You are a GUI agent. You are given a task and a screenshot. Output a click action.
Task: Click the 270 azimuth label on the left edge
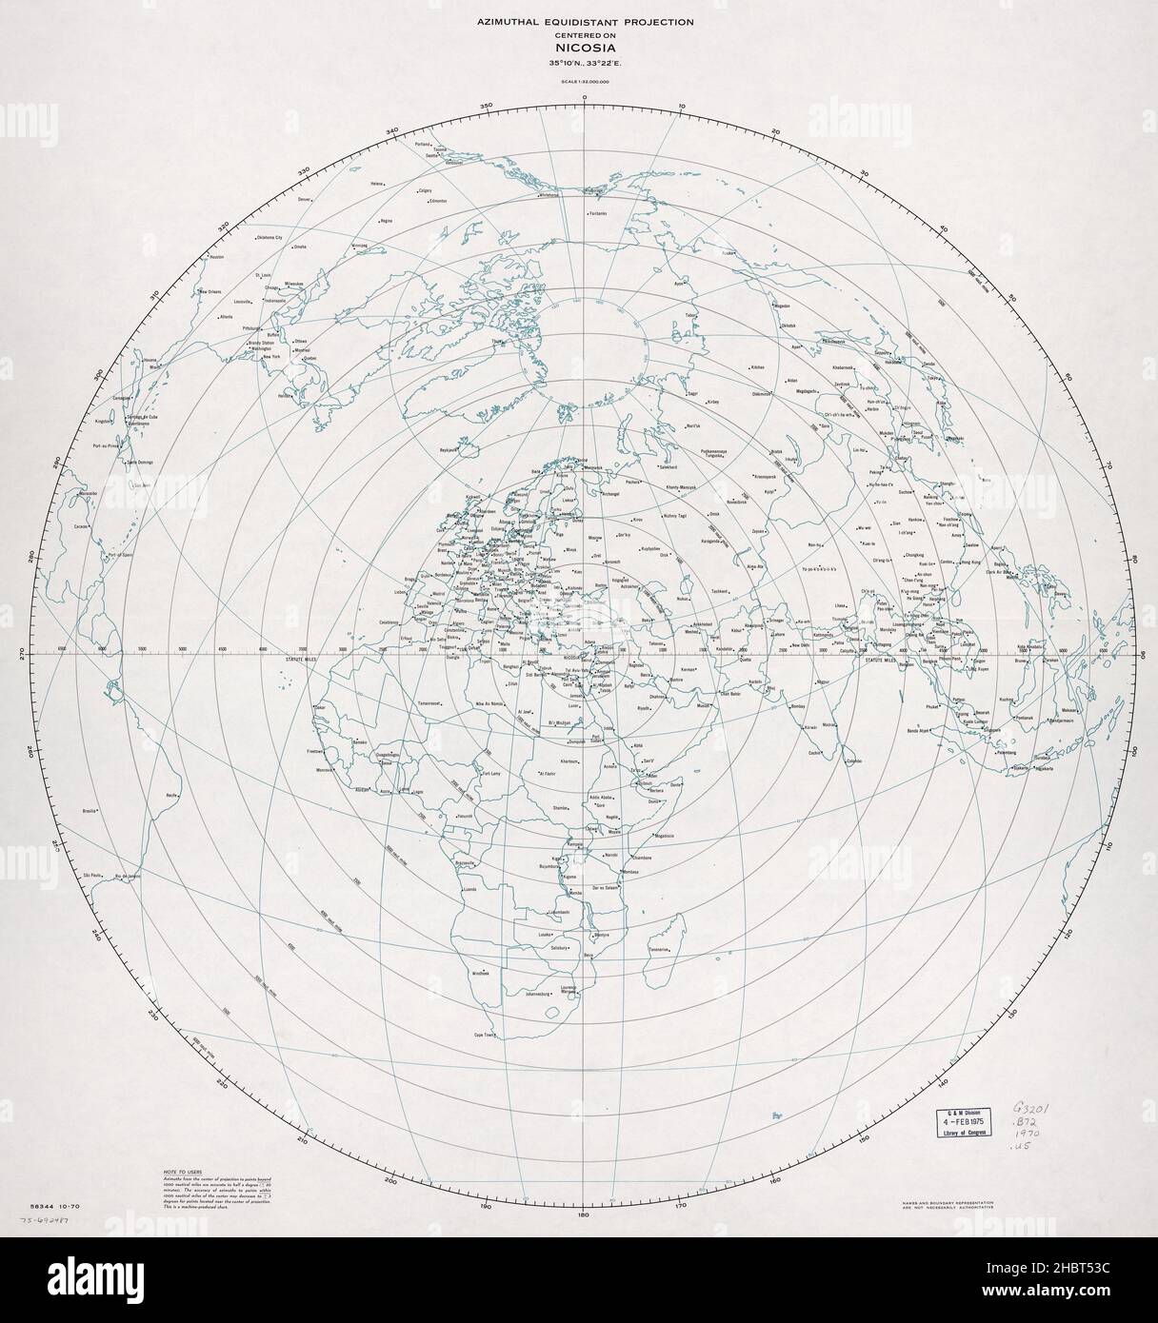[x=36, y=655]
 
